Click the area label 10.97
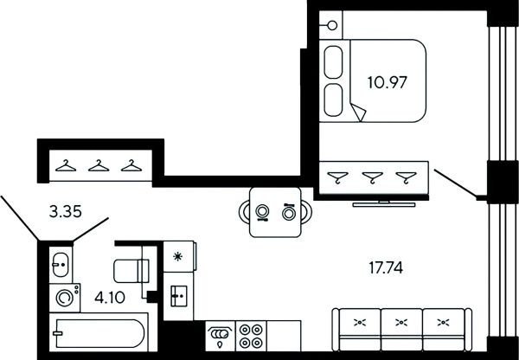coord(387,82)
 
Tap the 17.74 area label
coord(386,267)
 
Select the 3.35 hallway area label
coord(66,211)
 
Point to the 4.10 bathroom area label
coord(110,298)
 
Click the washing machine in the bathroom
coord(65,298)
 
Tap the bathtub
coord(99,332)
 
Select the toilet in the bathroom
coord(131,271)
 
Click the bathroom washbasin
coord(61,265)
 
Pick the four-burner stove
coord(251,336)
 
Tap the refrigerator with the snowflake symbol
coord(179,257)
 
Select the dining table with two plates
coord(275,212)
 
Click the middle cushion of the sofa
coord(401,329)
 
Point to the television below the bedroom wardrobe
coord(384,204)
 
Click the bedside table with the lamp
coord(330,25)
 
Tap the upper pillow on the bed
coord(333,62)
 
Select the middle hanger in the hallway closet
coord(99,165)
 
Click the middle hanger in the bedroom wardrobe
coord(372,177)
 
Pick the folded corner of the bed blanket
coord(359,112)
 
